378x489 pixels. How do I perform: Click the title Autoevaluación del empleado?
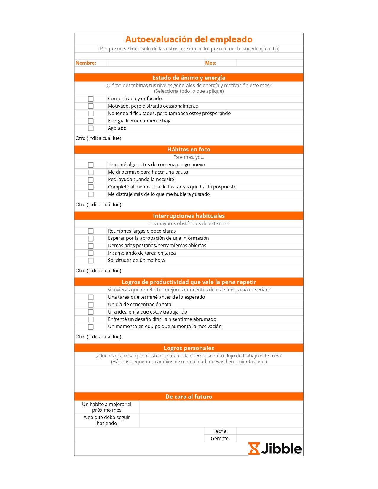[189, 39]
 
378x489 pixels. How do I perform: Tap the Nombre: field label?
[86, 63]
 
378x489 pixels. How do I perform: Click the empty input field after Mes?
[269, 63]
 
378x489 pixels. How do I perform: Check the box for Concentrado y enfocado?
[91, 99]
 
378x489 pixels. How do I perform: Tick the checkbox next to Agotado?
[91, 128]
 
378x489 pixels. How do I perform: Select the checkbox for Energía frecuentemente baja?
[91, 121]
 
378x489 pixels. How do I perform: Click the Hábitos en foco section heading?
[189, 149]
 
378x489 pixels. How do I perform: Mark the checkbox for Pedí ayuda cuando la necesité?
[91, 180]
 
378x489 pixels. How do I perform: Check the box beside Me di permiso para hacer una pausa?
[91, 172]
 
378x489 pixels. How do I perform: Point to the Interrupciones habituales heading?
[189, 216]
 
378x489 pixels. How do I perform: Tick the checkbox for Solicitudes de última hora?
[91, 261]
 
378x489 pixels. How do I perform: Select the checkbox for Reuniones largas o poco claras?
[91, 231]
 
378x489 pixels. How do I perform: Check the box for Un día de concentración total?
[91, 305]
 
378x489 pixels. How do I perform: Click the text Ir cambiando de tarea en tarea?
[142, 253]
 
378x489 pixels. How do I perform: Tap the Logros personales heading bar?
[189, 348]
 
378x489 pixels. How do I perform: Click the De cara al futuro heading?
[189, 397]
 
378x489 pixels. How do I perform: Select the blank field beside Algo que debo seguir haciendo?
[221, 420]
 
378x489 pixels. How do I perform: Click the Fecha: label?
[220, 431]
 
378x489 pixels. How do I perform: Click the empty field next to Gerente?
[269, 438]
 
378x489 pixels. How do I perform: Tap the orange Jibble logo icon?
[254, 448]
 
